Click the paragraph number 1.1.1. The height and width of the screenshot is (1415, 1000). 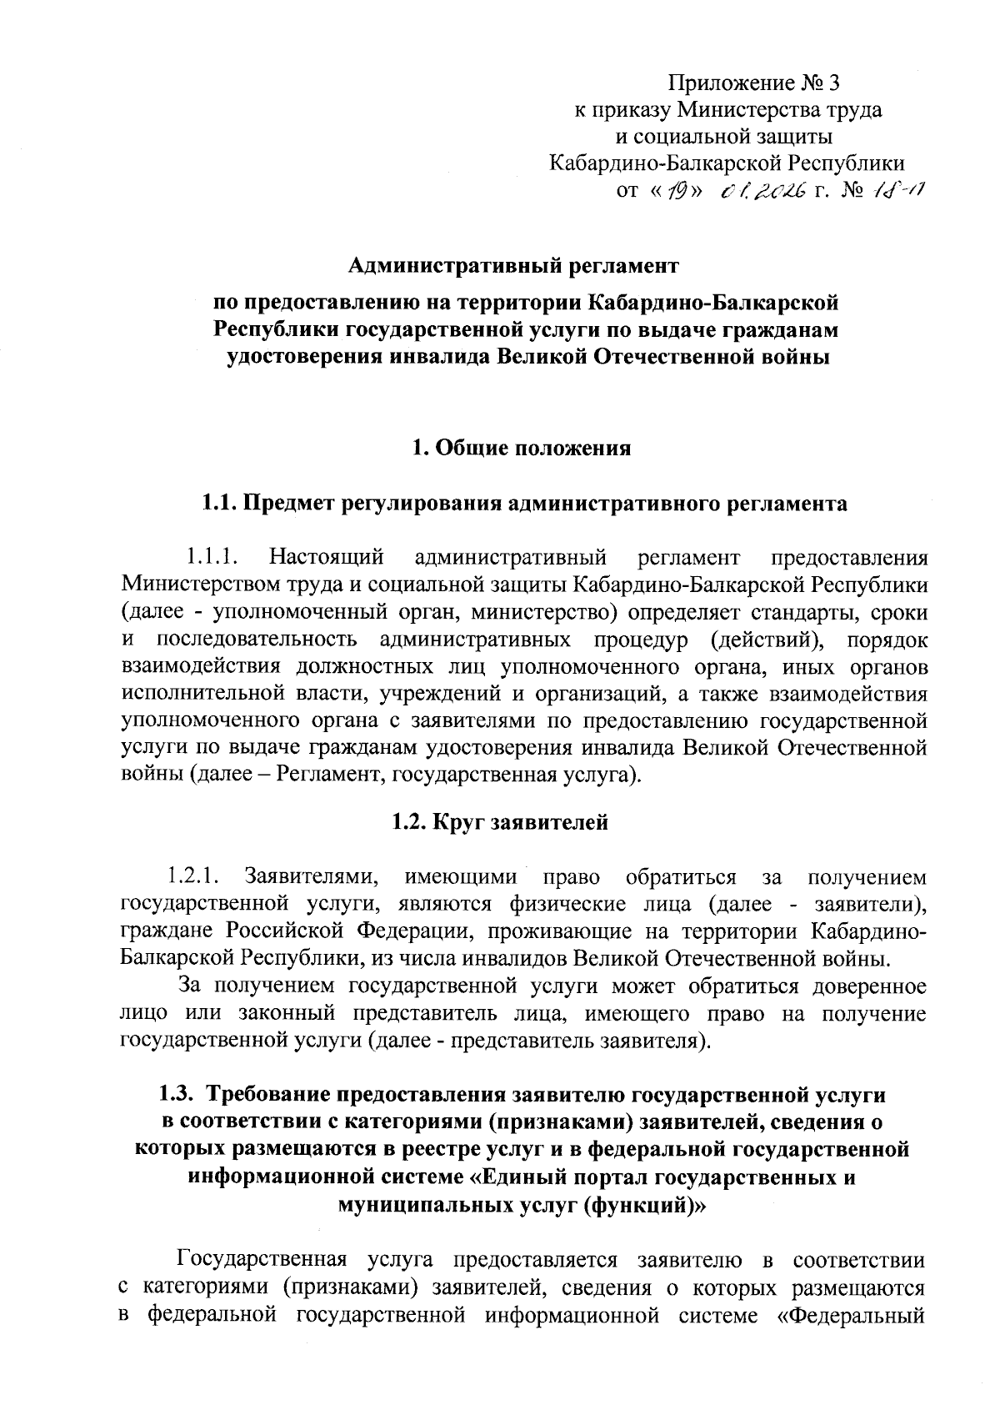pos(212,555)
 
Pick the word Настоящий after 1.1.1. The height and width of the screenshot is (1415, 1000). pos(327,555)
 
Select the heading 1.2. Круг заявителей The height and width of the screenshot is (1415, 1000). pos(500,823)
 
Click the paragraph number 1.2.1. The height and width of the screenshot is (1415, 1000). pos(192,877)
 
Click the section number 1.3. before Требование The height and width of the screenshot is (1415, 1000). pos(176,1093)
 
